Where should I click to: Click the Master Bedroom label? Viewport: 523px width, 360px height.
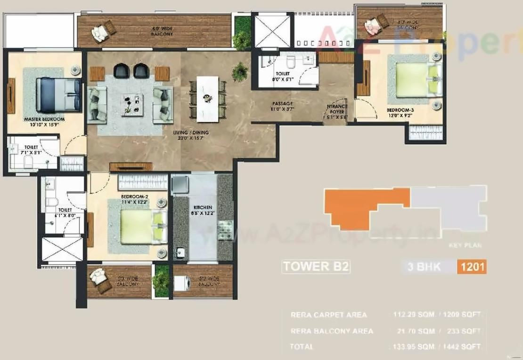tap(44, 120)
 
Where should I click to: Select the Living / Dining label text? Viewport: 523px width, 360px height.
tap(191, 133)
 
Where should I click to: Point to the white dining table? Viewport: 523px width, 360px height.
tap(207, 97)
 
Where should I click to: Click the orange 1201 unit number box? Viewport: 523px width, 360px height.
tap(472, 267)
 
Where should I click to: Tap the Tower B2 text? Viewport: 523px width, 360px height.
tap(316, 267)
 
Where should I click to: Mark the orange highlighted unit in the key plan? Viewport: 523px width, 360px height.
tap(363, 207)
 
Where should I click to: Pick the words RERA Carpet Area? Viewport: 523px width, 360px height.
tap(328, 314)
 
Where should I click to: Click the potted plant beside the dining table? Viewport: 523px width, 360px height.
tap(240, 72)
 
